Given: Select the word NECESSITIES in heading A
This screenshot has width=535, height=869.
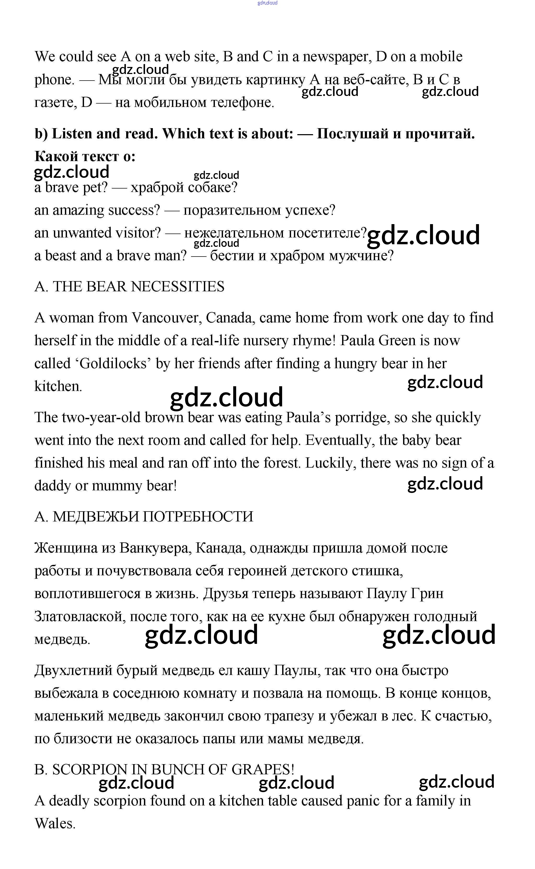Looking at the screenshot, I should tap(178, 287).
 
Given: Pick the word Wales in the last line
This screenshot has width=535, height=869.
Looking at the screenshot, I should tap(55, 824).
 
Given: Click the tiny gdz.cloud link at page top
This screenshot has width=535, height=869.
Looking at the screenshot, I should tap(267, 3).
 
